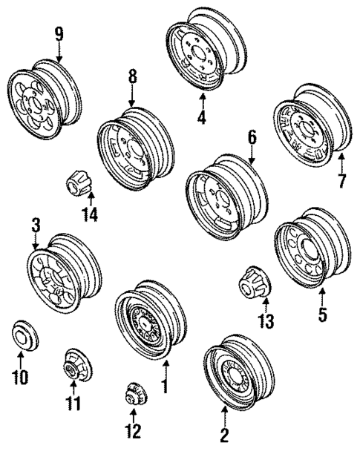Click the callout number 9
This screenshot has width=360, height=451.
click(x=59, y=33)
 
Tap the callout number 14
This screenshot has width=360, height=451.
click(x=90, y=216)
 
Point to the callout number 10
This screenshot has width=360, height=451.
click(x=21, y=378)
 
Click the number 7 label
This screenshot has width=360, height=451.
click(x=341, y=180)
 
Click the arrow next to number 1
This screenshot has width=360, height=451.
click(x=166, y=370)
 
